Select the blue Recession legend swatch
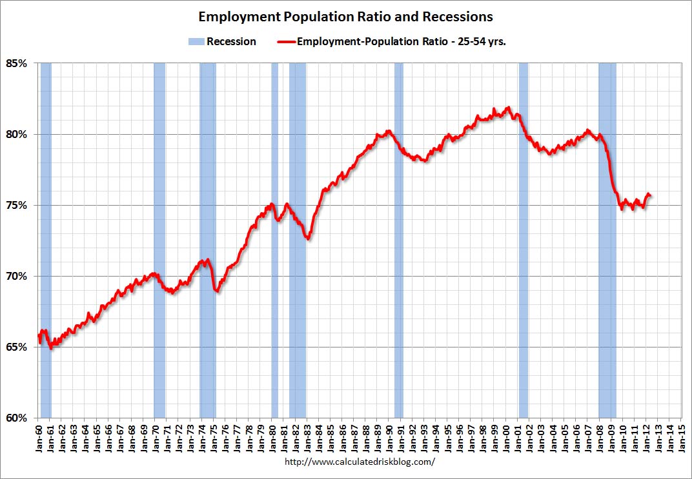(196, 41)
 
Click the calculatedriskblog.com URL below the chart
(360, 462)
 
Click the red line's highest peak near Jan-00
(509, 108)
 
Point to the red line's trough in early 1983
(308, 239)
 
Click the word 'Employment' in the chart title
(236, 16)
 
